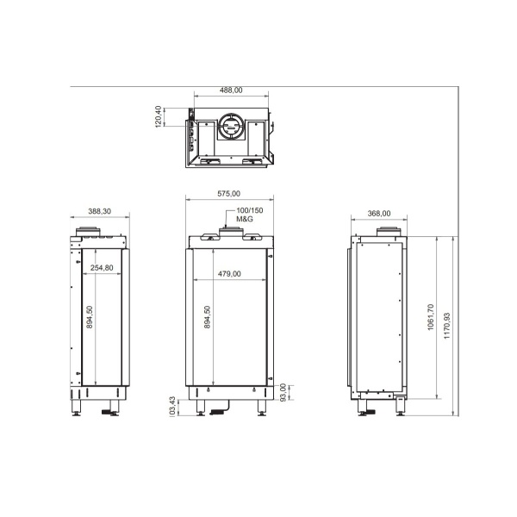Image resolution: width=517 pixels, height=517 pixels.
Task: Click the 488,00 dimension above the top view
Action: [x=230, y=90]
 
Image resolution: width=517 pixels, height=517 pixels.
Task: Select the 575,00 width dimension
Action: [x=227, y=194]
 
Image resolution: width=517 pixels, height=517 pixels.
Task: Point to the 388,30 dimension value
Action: [x=100, y=211]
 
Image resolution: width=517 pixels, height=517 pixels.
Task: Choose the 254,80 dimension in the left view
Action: [x=103, y=268]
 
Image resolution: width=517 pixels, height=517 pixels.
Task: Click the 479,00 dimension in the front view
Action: [x=228, y=274]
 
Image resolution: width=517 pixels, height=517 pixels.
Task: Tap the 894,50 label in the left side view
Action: [x=90, y=317]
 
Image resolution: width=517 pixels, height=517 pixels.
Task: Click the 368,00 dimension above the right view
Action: [x=379, y=214]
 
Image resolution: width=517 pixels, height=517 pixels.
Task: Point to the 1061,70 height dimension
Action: [x=430, y=321]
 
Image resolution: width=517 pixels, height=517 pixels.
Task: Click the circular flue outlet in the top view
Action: [x=230, y=129]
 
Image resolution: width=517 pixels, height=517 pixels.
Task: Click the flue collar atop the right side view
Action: [x=388, y=232]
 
